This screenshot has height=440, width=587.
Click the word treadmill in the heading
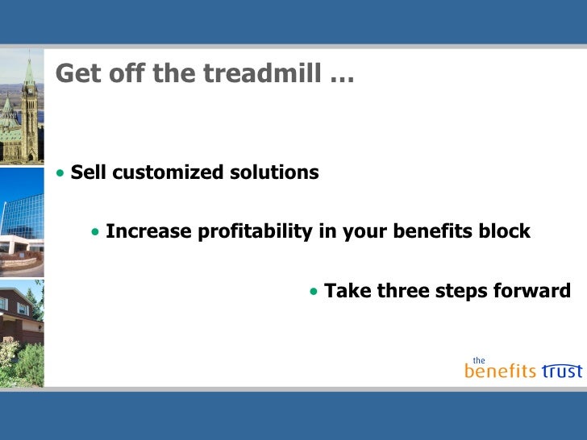(263, 73)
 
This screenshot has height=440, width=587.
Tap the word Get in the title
(78, 73)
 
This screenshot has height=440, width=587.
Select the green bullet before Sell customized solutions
(60, 172)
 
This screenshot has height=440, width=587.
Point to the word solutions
(274, 172)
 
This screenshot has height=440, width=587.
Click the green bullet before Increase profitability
(95, 232)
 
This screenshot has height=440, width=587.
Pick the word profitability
(255, 231)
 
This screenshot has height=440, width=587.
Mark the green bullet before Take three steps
(314, 292)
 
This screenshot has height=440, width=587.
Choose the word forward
(532, 291)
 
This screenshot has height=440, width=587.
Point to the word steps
(461, 292)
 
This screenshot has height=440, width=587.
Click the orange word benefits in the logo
(500, 371)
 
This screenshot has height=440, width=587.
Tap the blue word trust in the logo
(561, 371)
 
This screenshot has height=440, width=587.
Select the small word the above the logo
(479, 361)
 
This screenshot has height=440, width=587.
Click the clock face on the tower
(29, 89)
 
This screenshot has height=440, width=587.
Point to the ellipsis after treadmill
(342, 79)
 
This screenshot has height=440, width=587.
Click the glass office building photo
(22, 222)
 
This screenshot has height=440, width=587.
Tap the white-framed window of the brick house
(22, 309)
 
